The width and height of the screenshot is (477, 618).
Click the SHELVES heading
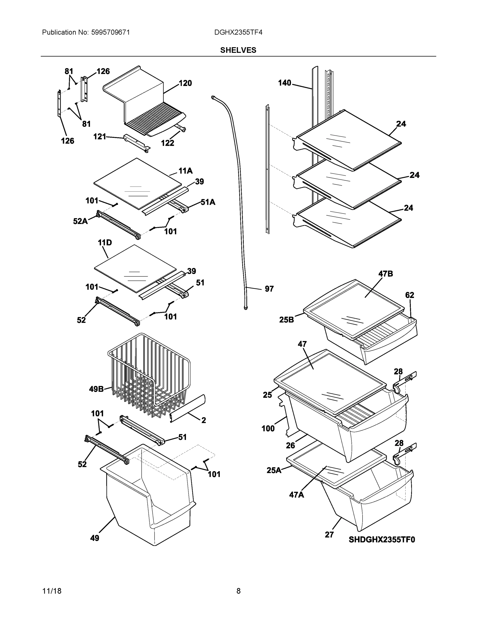[238, 50]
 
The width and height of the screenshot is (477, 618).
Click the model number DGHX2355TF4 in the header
[238, 32]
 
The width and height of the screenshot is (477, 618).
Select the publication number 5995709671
[111, 32]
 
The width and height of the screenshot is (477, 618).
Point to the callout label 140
[284, 83]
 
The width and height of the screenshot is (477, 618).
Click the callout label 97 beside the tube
[269, 289]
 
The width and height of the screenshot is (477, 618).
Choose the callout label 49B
[96, 389]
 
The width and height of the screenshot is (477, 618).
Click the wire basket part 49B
[150, 376]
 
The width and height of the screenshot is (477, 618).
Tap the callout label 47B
[385, 274]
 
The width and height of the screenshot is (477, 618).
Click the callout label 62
[409, 295]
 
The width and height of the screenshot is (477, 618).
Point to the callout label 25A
[274, 470]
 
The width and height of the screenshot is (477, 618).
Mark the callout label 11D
[105, 243]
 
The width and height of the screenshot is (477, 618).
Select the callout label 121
[100, 137]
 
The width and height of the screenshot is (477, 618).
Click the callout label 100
[268, 428]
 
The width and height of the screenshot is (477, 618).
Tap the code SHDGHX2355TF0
[382, 540]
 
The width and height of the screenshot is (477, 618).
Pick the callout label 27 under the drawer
[329, 535]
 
